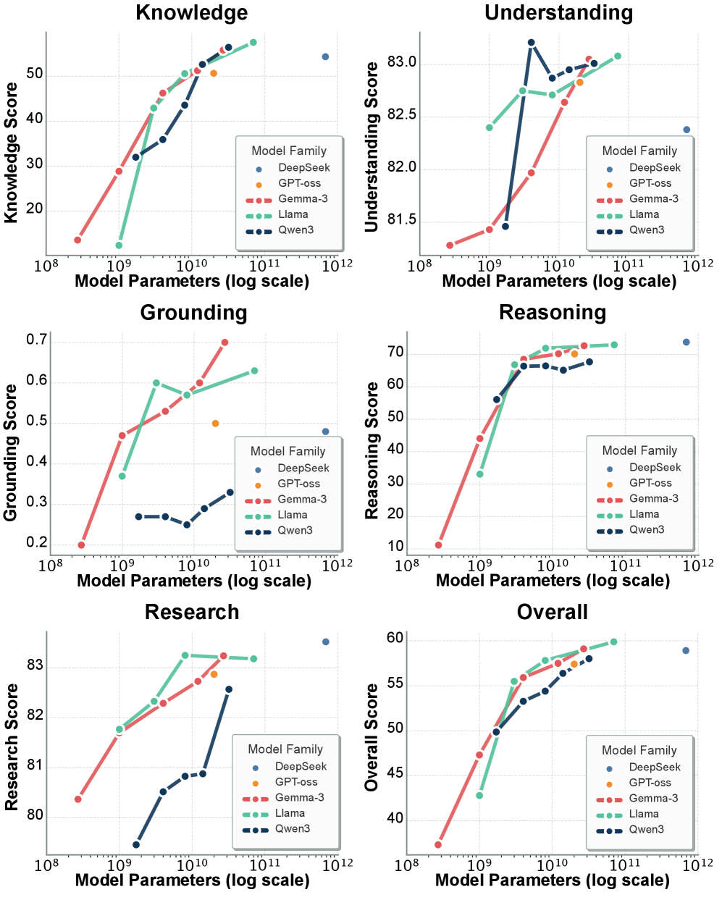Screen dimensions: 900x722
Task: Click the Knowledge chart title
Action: (x=192, y=12)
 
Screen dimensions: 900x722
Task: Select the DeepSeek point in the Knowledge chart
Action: (x=325, y=56)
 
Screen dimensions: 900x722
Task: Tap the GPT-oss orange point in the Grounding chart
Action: (x=215, y=424)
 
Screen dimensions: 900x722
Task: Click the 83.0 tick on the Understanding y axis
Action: (x=402, y=63)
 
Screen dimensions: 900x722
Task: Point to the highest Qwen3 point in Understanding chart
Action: (x=531, y=43)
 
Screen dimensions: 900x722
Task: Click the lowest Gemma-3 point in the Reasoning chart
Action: (x=438, y=545)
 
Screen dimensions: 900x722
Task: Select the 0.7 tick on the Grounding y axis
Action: (x=37, y=340)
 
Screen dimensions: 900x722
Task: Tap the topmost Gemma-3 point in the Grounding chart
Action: (x=224, y=342)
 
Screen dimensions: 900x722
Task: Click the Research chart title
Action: (x=192, y=612)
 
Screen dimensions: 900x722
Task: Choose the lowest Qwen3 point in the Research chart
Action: (x=136, y=844)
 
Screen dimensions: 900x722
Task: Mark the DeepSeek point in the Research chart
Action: (x=325, y=642)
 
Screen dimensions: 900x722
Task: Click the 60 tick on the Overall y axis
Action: (x=395, y=639)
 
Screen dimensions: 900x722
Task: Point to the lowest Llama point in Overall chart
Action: (x=479, y=795)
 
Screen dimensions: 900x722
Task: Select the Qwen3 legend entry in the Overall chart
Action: (x=646, y=829)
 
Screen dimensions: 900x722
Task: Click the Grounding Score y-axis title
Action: (x=10, y=453)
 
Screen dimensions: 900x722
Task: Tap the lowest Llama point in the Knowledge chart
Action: (x=119, y=245)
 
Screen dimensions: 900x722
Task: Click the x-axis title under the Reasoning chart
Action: (x=553, y=580)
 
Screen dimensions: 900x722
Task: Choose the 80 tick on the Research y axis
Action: (x=35, y=815)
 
